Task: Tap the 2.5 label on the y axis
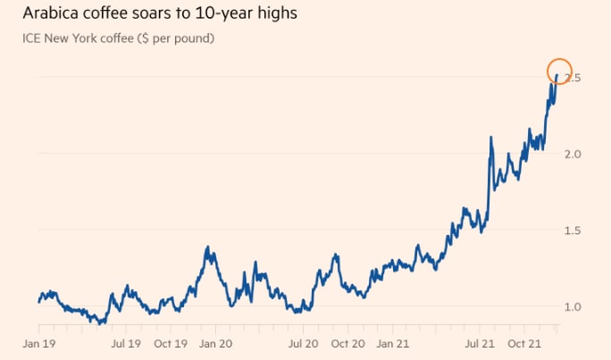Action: (574, 79)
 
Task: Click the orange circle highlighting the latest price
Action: (558, 71)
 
